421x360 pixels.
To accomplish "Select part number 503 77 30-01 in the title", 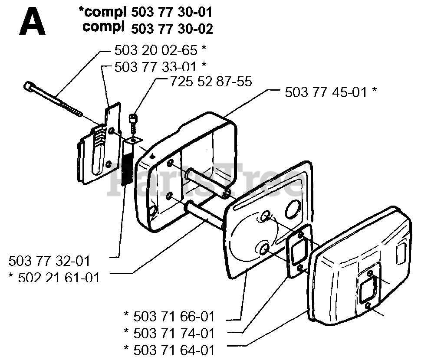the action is (171, 12).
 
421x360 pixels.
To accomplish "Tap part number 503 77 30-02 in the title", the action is (172, 29).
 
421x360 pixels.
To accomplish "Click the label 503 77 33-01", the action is (155, 67).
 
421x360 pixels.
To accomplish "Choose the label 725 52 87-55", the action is (211, 81).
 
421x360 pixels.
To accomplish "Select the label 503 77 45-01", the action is (326, 92).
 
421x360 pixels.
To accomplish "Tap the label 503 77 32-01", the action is (49, 261).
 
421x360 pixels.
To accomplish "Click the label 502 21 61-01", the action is (59, 278).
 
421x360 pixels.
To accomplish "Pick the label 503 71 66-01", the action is (174, 317).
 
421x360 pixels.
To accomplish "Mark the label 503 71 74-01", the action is (174, 334).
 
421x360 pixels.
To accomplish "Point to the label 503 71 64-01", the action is (174, 350).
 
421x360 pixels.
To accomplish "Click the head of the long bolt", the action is (28, 87).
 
